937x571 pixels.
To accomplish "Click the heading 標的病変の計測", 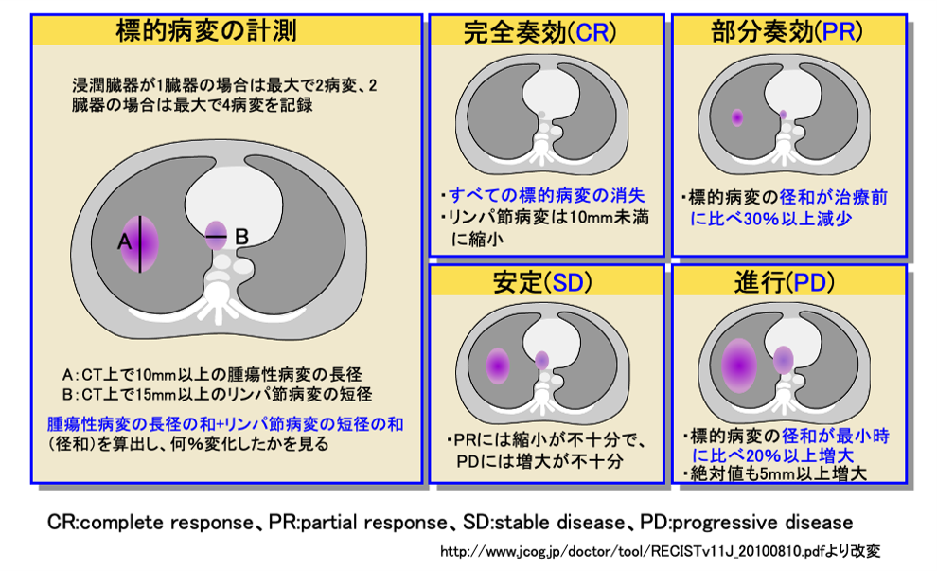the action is click(206, 30).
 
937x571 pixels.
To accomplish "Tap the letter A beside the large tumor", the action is click(124, 241).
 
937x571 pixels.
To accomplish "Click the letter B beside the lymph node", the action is click(241, 237).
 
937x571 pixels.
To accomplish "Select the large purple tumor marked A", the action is click(140, 244).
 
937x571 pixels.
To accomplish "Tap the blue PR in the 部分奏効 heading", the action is click(839, 31).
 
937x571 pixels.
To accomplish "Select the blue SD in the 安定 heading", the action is click(568, 282).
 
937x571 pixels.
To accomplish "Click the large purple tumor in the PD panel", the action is click(739, 366).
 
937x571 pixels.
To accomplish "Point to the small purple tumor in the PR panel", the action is click(737, 117).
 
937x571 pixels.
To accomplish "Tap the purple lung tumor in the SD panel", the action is click(498, 366).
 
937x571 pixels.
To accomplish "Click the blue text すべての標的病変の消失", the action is click(547, 195).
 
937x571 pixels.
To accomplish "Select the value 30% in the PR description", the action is click(761, 219).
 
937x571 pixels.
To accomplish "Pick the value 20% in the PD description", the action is click(764, 455).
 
